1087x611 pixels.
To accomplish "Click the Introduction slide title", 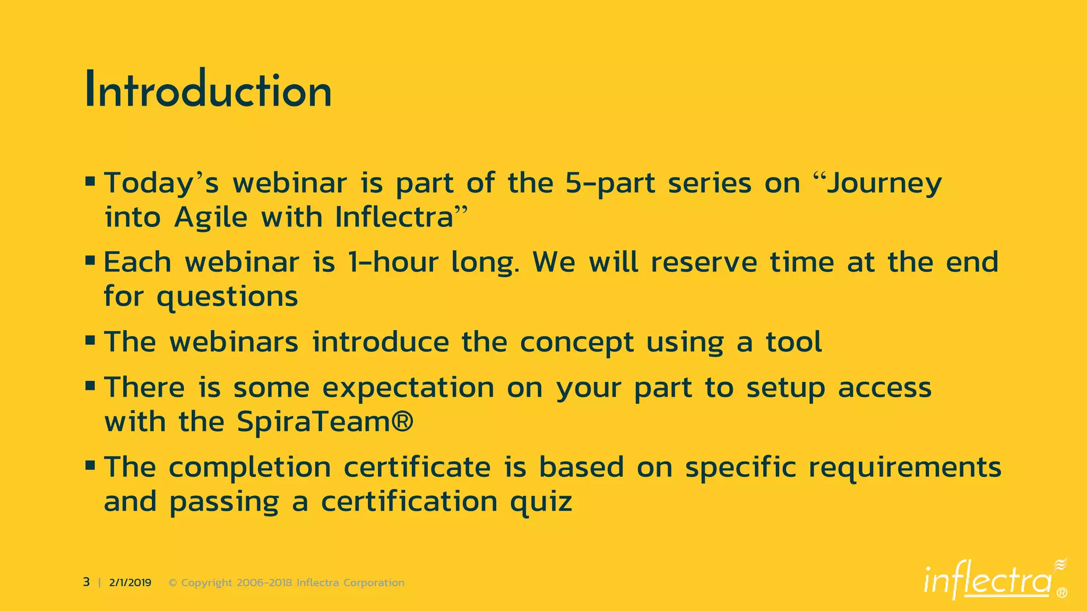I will (208, 90).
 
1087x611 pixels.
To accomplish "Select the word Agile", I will (211, 217).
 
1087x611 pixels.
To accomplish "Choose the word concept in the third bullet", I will (576, 342).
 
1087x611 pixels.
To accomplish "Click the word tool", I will (793, 342).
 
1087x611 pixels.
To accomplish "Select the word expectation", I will (408, 388).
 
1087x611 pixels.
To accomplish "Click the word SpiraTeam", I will (313, 422).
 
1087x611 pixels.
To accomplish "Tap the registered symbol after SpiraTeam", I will (402, 422).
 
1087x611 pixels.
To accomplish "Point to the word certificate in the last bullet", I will (417, 468).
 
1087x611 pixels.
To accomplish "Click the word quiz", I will (541, 502).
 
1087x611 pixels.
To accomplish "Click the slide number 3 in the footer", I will (87, 582).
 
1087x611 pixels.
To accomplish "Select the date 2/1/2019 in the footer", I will (130, 583).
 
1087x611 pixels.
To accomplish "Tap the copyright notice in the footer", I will (287, 583).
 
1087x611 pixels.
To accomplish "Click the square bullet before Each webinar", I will (90, 261).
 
